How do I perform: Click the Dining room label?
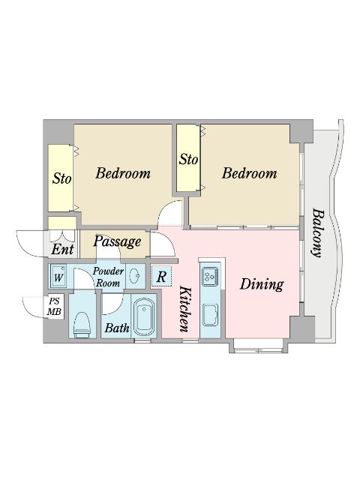point(262,284)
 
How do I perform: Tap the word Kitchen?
point(185,309)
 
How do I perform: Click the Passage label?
point(117,241)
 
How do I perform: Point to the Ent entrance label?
point(62,249)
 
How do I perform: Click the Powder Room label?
point(108,277)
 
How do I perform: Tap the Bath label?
point(117,328)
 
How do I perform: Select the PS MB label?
point(54,307)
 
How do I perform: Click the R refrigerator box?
point(161,277)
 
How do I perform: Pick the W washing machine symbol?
point(58,276)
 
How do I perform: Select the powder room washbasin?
point(135,276)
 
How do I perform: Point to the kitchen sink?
point(210,315)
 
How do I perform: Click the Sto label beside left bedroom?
point(61,178)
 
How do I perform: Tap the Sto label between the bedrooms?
point(188,159)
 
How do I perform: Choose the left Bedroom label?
point(123,173)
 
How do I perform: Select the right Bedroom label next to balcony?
point(249,173)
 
